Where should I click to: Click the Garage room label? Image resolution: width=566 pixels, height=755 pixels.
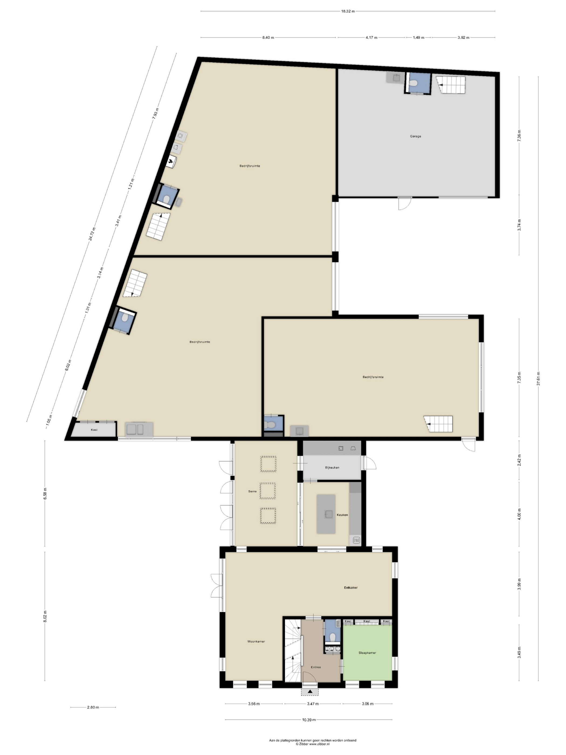coord(415,136)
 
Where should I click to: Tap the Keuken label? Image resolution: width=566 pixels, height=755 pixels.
coord(342,515)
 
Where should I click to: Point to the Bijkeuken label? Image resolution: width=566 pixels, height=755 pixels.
coord(332,467)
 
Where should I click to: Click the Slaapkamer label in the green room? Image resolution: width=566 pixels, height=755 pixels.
coord(367,653)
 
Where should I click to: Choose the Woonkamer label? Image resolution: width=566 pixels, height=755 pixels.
coord(256,641)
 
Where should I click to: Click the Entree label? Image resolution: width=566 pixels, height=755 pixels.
coord(316,667)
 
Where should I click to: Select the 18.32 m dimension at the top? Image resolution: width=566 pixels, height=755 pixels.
coord(348,11)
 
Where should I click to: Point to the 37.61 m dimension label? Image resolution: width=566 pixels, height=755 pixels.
coord(538,378)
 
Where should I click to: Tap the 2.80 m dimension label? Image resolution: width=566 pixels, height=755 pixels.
coord(93,707)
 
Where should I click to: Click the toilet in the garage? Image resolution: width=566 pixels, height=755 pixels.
coord(413,83)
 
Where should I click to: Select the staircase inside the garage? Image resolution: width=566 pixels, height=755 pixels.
coord(451,85)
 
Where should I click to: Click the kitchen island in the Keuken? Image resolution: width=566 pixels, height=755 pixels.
coord(326,514)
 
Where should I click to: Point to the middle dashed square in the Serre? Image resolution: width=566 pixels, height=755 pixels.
coord(267,491)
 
